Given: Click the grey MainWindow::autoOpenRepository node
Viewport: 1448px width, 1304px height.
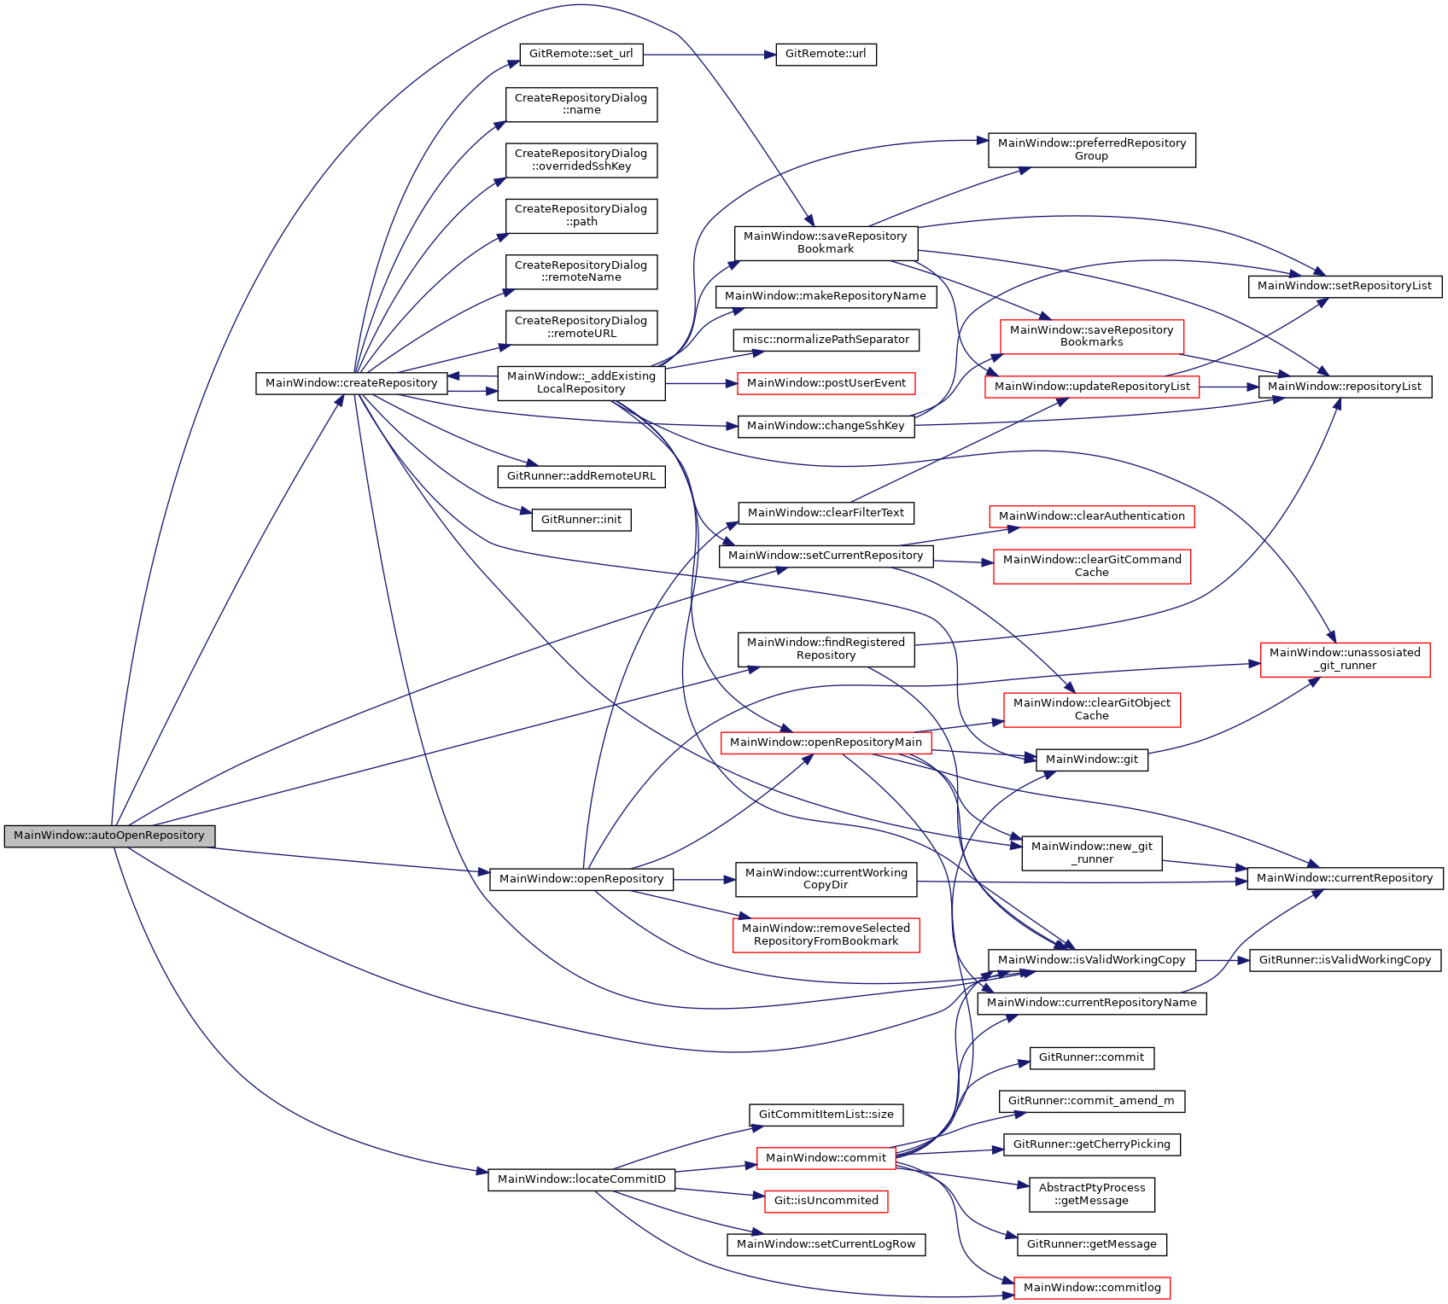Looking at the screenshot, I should pyautogui.click(x=109, y=835).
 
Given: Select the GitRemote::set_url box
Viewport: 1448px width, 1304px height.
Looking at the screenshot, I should pyautogui.click(x=581, y=54).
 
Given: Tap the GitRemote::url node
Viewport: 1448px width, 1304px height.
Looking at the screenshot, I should pyautogui.click(x=825, y=54).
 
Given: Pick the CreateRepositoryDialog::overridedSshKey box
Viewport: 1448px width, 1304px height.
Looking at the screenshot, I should pyautogui.click(x=581, y=160).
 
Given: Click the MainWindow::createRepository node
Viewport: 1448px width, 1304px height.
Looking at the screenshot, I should pyautogui.click(x=351, y=383).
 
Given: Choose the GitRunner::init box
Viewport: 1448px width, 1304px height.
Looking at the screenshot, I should pyautogui.click(x=581, y=520).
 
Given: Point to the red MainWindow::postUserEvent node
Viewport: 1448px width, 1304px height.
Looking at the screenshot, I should pyautogui.click(x=826, y=383).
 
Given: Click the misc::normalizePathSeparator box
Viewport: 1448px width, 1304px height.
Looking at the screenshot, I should pyautogui.click(x=826, y=340).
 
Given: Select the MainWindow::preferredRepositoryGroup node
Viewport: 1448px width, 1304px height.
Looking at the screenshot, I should pyautogui.click(x=1091, y=149).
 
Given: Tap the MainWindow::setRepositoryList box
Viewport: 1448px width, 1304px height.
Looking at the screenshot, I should pyautogui.click(x=1344, y=286).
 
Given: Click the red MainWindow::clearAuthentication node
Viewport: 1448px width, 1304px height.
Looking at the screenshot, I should pyautogui.click(x=1091, y=516).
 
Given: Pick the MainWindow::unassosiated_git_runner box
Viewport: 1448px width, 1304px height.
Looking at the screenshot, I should pyautogui.click(x=1345, y=659).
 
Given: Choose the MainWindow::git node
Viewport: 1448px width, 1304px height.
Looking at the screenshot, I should pyautogui.click(x=1091, y=760).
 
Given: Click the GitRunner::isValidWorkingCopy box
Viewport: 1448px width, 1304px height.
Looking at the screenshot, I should pyautogui.click(x=1345, y=960).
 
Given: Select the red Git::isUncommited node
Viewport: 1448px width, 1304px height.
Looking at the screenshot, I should pyautogui.click(x=826, y=1201).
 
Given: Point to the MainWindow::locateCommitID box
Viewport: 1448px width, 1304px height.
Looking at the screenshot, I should pyautogui.click(x=581, y=1179).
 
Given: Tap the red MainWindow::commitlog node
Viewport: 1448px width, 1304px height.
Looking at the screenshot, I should pyautogui.click(x=1091, y=1288).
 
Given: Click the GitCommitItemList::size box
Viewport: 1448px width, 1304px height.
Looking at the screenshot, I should pyautogui.click(x=826, y=1115).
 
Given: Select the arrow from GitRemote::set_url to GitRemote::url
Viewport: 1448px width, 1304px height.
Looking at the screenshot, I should pyautogui.click(x=709, y=55).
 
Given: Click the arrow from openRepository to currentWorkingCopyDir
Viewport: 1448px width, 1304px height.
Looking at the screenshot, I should pyautogui.click(x=704, y=879).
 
